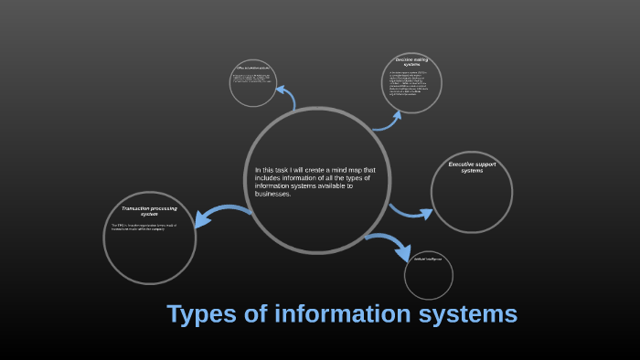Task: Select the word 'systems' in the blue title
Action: [x=472, y=315]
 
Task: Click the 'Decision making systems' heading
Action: [x=411, y=62]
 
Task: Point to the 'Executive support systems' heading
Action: [x=472, y=167]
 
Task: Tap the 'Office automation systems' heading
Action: [x=251, y=68]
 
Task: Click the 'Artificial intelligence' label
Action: [x=427, y=259]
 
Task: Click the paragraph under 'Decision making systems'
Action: [x=411, y=83]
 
